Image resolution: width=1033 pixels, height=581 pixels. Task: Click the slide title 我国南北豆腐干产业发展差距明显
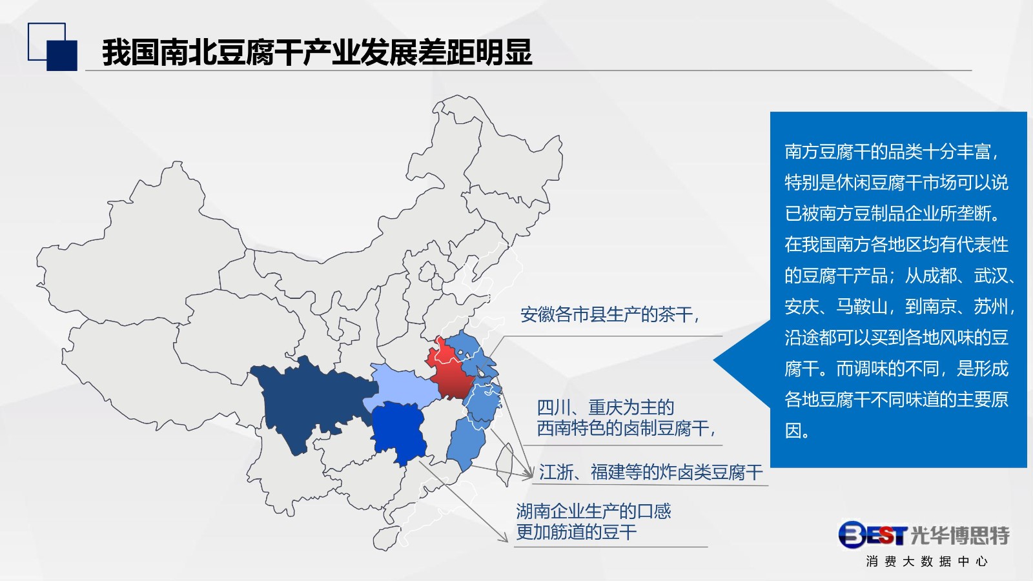(317, 52)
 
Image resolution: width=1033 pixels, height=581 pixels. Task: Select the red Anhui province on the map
(449, 371)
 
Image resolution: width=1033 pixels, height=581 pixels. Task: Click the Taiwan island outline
(505, 464)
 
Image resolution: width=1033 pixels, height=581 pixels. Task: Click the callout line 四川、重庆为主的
(606, 407)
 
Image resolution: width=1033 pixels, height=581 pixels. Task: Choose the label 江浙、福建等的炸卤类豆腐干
(651, 472)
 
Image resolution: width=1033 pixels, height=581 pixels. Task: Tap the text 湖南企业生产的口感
(593, 511)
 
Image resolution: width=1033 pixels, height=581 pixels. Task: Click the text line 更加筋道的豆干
(577, 532)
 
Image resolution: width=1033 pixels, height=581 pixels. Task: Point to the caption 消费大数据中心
(927, 561)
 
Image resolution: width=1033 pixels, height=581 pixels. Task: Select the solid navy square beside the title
(62, 56)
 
